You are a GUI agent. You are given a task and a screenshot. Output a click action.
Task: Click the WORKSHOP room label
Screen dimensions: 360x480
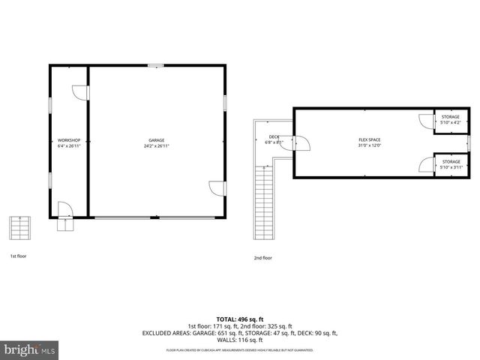[69, 140]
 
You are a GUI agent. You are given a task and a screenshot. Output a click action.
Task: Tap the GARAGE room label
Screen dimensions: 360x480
[156, 140]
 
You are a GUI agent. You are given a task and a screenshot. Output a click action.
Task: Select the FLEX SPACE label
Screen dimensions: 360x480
[370, 140]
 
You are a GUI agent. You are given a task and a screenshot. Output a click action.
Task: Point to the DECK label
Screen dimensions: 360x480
[274, 136]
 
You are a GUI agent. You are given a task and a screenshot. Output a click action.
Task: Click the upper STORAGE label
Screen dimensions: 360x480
[451, 117]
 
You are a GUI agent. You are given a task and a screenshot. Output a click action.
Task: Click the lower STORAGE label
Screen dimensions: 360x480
[451, 161]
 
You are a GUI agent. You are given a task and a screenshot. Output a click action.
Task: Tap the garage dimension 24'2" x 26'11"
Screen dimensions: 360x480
[156, 146]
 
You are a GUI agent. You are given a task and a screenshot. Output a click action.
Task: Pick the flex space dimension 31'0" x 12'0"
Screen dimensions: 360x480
[370, 146]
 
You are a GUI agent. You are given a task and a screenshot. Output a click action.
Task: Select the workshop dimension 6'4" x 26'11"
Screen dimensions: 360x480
[69, 146]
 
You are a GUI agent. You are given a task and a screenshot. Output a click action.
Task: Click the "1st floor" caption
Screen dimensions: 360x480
[18, 256]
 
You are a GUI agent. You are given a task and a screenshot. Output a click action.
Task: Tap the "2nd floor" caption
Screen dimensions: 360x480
[262, 257]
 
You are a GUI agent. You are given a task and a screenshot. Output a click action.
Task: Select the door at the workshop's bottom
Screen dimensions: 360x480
[66, 208]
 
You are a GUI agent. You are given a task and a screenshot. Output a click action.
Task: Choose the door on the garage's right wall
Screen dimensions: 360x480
[217, 189]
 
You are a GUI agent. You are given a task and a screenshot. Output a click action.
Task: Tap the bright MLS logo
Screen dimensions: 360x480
[30, 349]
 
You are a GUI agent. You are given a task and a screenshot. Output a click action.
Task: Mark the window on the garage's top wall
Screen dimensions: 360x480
[156, 66]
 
